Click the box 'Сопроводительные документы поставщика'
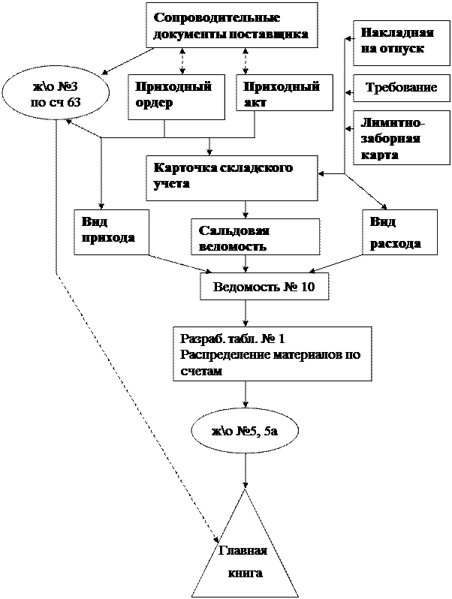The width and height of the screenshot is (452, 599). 231,26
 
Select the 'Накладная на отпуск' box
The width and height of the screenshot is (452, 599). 396,42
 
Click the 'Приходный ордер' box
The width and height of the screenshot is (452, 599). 176,96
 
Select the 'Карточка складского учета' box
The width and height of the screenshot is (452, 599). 231,178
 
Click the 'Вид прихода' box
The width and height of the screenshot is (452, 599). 111,231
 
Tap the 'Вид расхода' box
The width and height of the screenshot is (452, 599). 399,232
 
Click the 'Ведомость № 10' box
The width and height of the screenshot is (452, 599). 264,286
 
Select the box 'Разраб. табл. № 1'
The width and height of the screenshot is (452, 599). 272,354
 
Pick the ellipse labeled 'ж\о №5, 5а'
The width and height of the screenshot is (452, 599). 245,431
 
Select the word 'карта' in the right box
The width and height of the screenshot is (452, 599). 380,154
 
